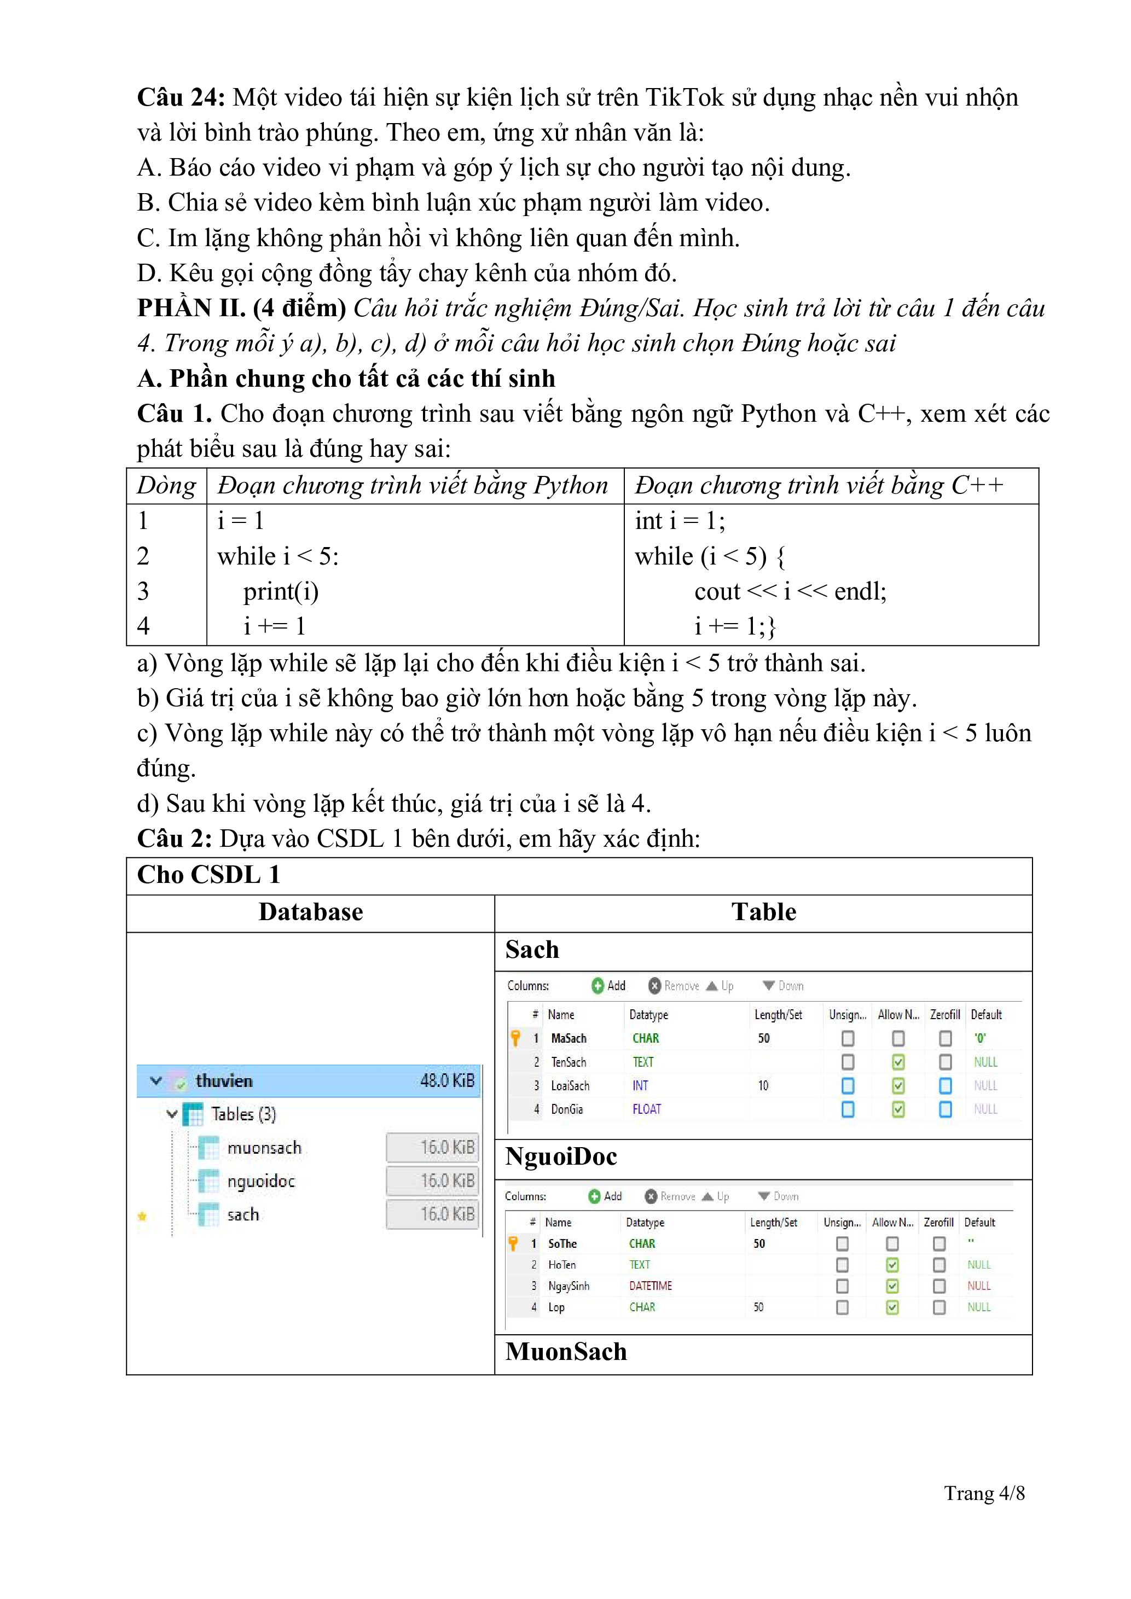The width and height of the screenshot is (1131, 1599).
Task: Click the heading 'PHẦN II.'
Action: click(x=191, y=308)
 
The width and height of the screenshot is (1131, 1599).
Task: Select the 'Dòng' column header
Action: click(x=166, y=485)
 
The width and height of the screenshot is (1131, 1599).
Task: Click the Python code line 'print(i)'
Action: click(x=281, y=591)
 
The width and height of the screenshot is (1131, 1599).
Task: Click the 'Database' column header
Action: click(x=311, y=912)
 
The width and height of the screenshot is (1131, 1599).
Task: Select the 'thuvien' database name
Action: click(x=224, y=1081)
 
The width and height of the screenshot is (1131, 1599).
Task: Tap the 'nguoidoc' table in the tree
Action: click(x=260, y=1181)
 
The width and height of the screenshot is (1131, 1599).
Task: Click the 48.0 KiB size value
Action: click(x=446, y=1081)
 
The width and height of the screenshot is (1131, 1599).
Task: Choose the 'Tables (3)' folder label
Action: click(x=243, y=1114)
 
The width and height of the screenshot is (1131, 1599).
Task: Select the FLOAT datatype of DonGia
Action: click(x=646, y=1109)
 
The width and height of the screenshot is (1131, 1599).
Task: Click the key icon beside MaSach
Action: click(x=515, y=1038)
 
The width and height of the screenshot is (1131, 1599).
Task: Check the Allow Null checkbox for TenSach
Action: click(x=898, y=1062)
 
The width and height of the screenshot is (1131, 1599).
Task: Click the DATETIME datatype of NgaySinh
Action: click(x=650, y=1286)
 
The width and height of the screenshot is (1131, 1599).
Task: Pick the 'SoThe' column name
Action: click(x=562, y=1244)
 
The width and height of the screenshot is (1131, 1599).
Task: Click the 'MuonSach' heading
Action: click(x=566, y=1352)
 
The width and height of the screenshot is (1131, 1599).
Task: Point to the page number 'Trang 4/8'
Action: click(x=983, y=1493)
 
